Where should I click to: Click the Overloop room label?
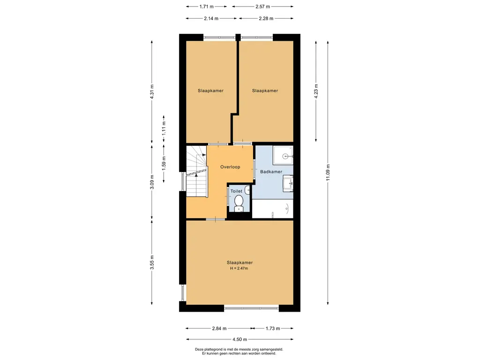(x=230, y=167)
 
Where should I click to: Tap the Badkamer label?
(x=271, y=172)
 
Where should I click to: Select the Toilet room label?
(x=236, y=191)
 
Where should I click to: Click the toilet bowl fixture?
(x=239, y=203)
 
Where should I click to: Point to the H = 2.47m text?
(x=239, y=269)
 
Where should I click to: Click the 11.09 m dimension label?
(x=328, y=172)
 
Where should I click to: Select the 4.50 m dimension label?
(x=240, y=339)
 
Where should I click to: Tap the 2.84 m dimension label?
(x=219, y=329)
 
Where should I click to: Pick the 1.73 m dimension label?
(x=272, y=329)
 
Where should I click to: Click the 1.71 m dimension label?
(x=206, y=7)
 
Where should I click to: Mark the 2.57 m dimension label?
(x=262, y=7)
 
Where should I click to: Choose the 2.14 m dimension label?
(x=211, y=18)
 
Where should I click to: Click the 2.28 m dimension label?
(x=266, y=18)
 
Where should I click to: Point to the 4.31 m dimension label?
(x=152, y=91)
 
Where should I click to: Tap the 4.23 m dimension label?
(x=316, y=91)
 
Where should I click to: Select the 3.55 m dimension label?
(x=152, y=262)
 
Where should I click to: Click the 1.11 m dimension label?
(x=164, y=128)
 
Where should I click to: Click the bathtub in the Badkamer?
(x=272, y=209)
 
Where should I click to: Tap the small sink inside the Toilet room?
(x=247, y=190)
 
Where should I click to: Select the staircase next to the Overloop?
(x=197, y=172)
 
